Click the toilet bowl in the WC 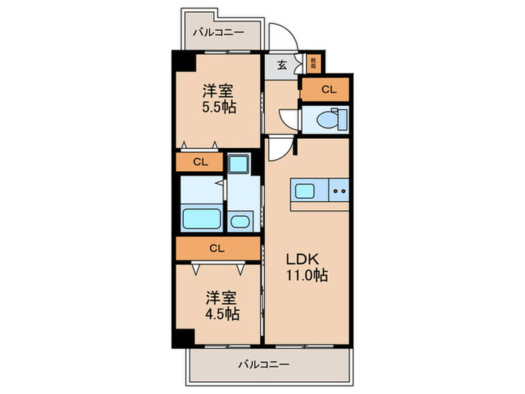(328, 119)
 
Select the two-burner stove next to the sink (338, 191)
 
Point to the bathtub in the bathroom (201, 220)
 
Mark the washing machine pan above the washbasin (240, 164)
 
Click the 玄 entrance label (281, 65)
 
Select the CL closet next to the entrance (328, 90)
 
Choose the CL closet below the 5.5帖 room (199, 161)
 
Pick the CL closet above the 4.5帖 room (217, 247)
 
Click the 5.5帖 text (217, 107)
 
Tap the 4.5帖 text (220, 314)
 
